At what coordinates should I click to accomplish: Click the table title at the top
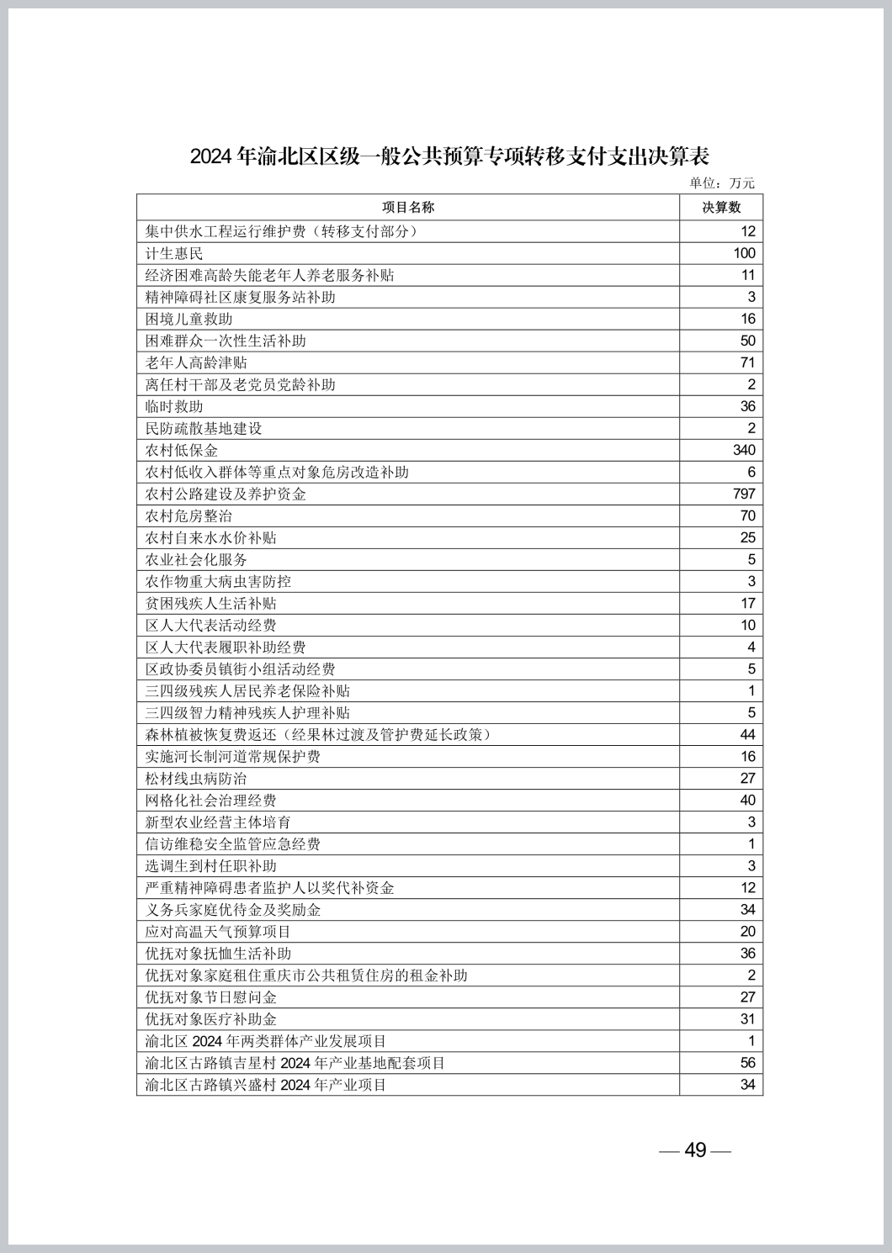click(x=449, y=156)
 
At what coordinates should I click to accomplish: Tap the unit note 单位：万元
click(x=722, y=183)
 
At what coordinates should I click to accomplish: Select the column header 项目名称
click(x=408, y=208)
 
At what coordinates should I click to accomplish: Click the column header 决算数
click(x=721, y=208)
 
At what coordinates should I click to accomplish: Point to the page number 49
click(x=695, y=1150)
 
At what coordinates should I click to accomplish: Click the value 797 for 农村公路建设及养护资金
click(x=744, y=494)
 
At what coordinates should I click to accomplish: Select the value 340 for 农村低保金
click(x=744, y=451)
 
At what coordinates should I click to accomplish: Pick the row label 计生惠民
click(x=174, y=254)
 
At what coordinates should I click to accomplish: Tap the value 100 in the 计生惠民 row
click(x=744, y=254)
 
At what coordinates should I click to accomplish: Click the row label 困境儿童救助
click(x=188, y=320)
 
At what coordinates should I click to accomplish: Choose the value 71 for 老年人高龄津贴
click(x=747, y=363)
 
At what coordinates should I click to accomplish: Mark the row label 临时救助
click(x=174, y=407)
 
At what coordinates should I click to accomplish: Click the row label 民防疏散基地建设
click(x=204, y=429)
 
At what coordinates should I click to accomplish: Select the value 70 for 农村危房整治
click(x=747, y=516)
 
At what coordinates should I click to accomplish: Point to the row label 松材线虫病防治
click(x=196, y=779)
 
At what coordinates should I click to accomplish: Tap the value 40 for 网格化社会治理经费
click(x=747, y=801)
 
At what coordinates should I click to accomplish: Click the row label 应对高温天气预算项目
click(x=218, y=932)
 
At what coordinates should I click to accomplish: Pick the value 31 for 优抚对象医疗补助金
click(x=747, y=1019)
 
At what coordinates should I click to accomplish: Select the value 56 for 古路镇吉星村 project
click(x=747, y=1063)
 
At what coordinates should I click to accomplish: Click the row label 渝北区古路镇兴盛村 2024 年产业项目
click(x=266, y=1085)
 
